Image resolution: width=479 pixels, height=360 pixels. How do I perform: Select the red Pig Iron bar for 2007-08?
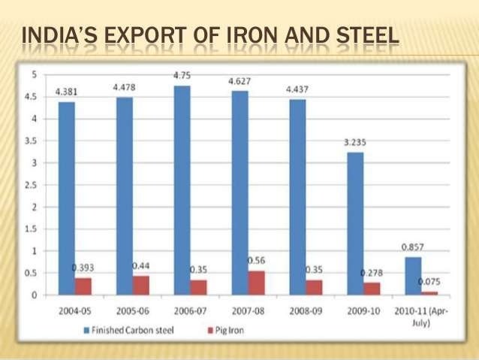click(x=258, y=283)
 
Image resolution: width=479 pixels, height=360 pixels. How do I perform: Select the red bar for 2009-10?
click(x=373, y=289)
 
